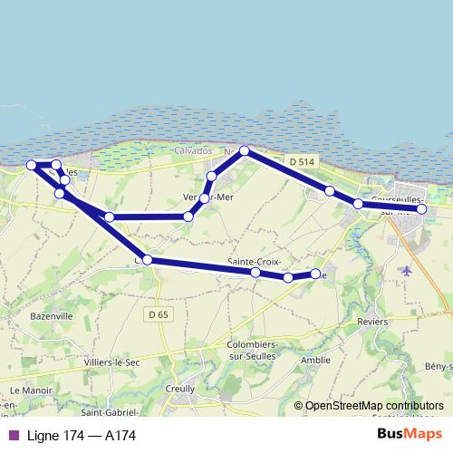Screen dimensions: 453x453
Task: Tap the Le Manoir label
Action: [x=28, y=390]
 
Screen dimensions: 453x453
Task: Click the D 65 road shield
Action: [x=157, y=314]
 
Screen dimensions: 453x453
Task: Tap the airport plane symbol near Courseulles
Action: [x=406, y=269]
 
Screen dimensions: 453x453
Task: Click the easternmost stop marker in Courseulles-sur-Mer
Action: [x=421, y=209]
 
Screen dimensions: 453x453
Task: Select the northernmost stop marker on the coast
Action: [x=244, y=151]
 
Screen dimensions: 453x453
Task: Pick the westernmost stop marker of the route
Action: [x=32, y=165]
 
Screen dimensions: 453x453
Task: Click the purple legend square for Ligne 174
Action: [x=13, y=436]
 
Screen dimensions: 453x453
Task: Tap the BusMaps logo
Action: [x=410, y=435]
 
